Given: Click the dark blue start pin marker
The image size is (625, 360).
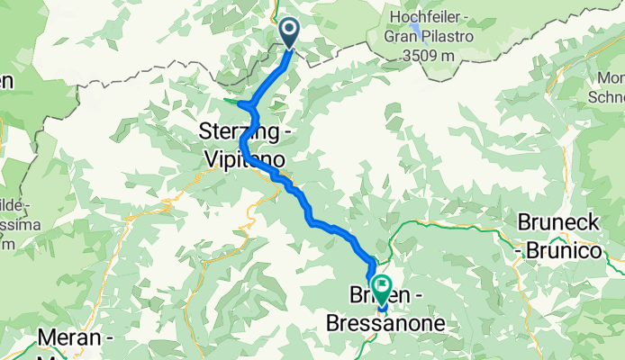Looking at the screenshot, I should pyautogui.click(x=290, y=32).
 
